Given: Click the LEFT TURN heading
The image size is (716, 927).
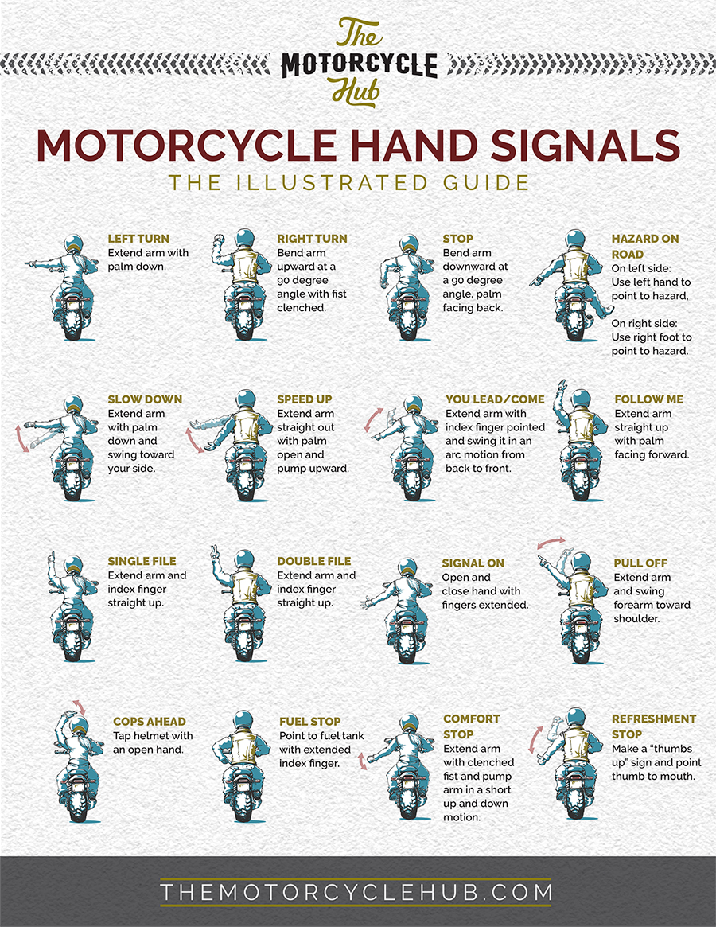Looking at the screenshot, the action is (x=138, y=239).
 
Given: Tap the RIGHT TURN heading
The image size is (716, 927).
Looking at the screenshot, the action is (x=312, y=239).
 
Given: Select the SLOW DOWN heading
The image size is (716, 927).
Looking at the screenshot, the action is (x=145, y=399).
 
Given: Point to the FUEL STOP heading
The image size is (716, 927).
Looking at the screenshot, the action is (x=309, y=722).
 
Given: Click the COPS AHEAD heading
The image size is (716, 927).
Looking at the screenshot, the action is (x=150, y=722).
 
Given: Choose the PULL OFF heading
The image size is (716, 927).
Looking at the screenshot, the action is (x=640, y=563).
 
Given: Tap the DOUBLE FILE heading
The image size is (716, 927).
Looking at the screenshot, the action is (x=314, y=561).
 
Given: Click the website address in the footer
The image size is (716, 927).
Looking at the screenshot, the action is (x=356, y=892).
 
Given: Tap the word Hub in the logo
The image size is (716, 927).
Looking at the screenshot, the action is (x=356, y=93).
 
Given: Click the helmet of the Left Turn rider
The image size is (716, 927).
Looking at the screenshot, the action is (x=73, y=244).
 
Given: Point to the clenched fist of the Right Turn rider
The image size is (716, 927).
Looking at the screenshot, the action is (x=219, y=240).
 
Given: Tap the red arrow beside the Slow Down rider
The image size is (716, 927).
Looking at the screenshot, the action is (x=21, y=438).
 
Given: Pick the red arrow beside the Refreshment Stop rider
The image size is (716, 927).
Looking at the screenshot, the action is (x=535, y=739).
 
